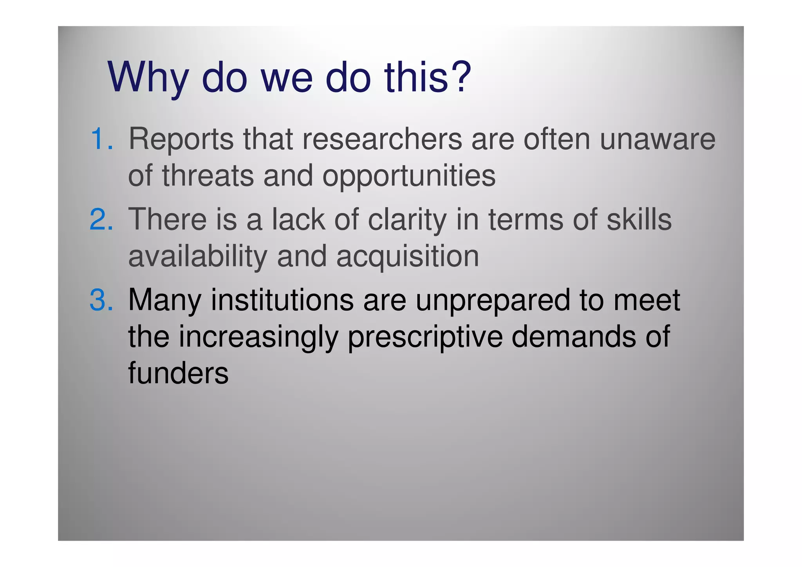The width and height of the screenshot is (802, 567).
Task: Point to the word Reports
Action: coord(181,140)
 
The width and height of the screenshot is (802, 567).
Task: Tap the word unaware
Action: coord(657,139)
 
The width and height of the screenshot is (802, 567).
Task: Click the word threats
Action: coord(208,176)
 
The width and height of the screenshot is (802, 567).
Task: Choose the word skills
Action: coord(639,219)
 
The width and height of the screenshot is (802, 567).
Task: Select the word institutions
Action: coord(282,300)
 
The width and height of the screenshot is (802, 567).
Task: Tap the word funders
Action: coord(178,373)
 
